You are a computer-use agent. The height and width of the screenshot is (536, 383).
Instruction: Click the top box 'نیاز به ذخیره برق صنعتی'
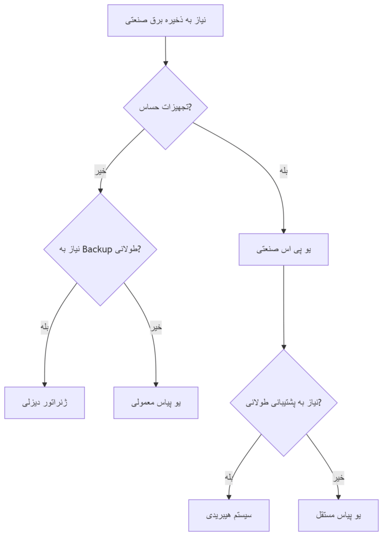(x=166, y=20)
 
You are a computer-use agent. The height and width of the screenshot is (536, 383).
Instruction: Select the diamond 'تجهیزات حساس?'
(x=166, y=107)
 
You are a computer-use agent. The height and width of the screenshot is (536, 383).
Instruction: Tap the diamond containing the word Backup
(x=100, y=249)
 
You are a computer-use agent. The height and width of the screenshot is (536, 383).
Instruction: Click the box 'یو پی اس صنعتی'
(x=283, y=249)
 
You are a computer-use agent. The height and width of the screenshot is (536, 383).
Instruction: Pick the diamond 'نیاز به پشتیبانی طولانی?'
(x=283, y=403)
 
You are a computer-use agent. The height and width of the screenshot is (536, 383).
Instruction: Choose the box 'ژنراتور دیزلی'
(x=45, y=403)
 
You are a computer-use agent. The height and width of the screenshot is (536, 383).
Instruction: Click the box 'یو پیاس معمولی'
(x=156, y=403)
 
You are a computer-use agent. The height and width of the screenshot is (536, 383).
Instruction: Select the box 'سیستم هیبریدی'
(x=229, y=515)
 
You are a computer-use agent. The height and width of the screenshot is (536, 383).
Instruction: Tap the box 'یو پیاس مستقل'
(x=338, y=515)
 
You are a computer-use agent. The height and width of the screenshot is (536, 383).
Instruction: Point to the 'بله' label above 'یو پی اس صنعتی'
(x=283, y=171)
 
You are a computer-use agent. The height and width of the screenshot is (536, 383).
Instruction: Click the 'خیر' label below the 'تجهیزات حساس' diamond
(x=100, y=171)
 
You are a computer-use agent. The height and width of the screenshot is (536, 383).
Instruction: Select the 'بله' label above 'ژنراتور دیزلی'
(x=45, y=328)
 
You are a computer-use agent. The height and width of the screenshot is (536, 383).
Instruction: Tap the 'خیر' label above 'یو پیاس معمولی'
(x=156, y=328)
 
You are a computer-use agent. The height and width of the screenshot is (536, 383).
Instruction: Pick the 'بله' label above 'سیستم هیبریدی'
(x=229, y=477)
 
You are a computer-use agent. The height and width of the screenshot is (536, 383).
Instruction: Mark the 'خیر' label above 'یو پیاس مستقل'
(x=338, y=477)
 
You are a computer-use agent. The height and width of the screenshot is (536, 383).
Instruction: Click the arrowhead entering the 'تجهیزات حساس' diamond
(x=166, y=63)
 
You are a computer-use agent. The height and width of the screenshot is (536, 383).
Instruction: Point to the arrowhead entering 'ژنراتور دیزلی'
(x=45, y=384)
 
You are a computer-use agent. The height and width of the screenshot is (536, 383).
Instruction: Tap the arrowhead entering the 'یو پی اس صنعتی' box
(x=283, y=230)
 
